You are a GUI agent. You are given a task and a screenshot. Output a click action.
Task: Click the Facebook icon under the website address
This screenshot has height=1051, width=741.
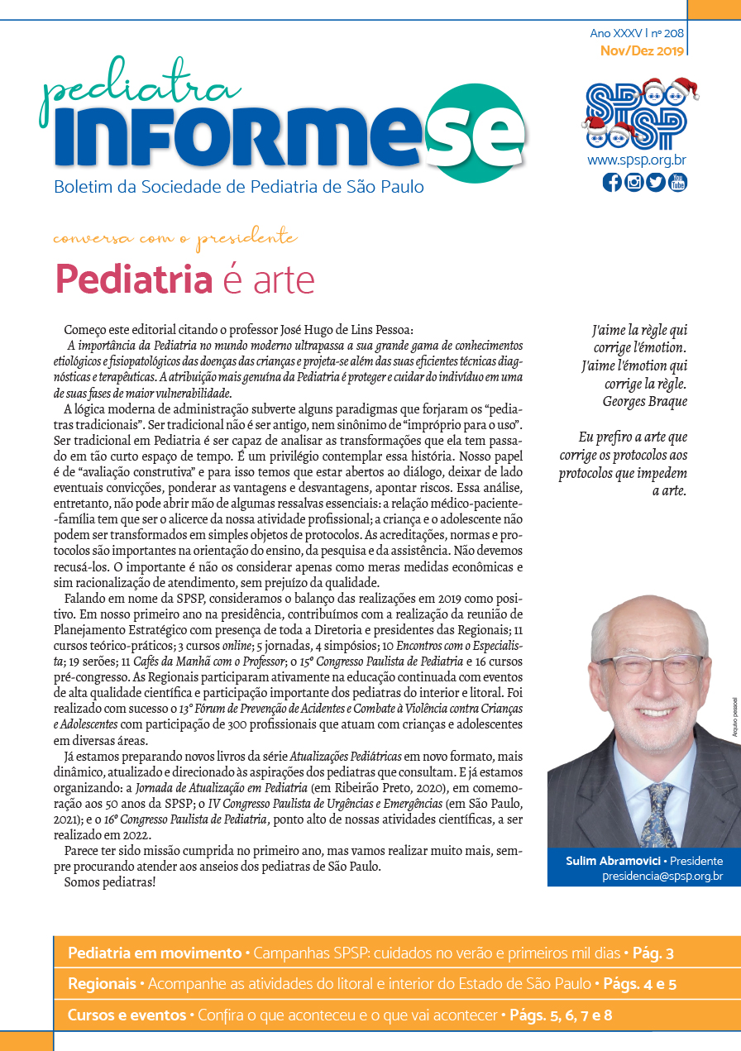612,182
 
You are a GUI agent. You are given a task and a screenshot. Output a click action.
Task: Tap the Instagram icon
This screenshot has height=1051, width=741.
634,182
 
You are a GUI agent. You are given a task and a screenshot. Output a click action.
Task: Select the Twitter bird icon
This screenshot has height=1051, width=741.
656,182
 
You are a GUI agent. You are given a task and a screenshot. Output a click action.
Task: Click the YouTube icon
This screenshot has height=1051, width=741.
678,182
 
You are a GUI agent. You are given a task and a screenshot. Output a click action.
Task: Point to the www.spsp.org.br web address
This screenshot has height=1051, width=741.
636,160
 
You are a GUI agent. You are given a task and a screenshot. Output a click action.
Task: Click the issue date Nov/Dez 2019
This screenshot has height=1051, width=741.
643,50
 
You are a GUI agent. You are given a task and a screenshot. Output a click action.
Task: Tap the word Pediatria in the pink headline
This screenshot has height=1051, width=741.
133,279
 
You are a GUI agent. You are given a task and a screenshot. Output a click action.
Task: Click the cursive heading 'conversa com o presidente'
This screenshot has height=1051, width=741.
174,239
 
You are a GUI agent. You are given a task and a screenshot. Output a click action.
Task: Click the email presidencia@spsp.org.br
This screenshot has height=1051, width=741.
662,876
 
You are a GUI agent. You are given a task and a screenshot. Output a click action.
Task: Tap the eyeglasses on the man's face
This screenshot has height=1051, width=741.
650,668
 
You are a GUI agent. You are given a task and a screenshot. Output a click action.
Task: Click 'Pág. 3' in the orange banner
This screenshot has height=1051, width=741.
653,953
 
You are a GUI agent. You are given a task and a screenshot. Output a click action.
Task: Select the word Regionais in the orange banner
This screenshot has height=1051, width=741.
102,984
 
